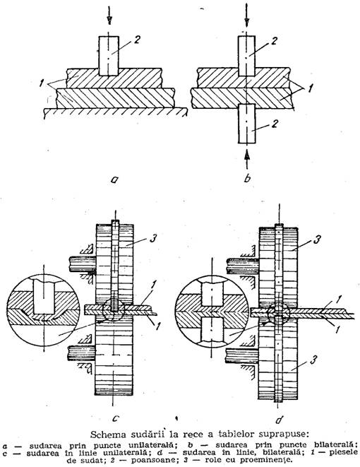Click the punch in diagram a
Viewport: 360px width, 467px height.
(109, 56)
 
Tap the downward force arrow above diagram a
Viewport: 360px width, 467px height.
(109, 15)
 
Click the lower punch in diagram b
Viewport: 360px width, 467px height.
(246, 124)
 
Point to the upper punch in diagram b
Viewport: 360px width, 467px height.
(246, 56)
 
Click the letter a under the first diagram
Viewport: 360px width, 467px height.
(114, 179)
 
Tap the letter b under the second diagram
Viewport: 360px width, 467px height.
(247, 178)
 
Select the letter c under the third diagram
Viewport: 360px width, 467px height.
(116, 419)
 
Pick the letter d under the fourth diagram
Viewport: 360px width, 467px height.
(279, 420)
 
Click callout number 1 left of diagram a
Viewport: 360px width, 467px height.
(42, 83)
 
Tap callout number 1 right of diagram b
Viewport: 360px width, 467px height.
(310, 89)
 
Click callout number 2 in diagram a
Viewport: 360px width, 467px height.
(136, 40)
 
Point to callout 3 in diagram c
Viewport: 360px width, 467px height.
(152, 239)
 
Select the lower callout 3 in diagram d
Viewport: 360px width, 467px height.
(313, 360)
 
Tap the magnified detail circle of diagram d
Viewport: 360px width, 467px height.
(212, 311)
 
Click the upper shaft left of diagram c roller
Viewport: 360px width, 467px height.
(83, 264)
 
